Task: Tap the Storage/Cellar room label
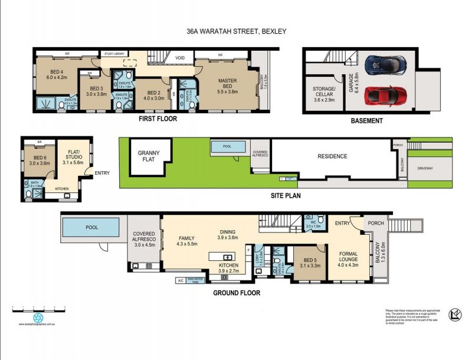[x=324, y=94]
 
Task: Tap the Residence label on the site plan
[x=332, y=156]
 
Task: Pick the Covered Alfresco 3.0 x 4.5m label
[x=144, y=239]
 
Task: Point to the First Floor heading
[x=158, y=119]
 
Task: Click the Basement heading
[x=366, y=121]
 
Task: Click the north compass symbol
[x=455, y=314]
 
